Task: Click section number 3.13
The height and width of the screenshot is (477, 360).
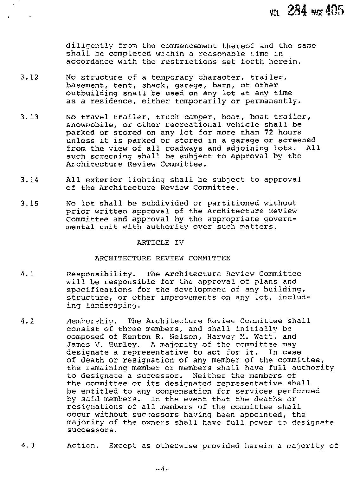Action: pos(29,117)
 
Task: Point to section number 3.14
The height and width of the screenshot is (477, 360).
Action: pos(29,180)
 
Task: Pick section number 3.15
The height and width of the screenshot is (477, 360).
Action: pos(29,204)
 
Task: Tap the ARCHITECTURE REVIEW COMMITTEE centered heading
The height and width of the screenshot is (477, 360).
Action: pos(162,258)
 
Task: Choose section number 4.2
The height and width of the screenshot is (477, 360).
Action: pos(27,321)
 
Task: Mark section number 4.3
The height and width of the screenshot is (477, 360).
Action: pos(27,446)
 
